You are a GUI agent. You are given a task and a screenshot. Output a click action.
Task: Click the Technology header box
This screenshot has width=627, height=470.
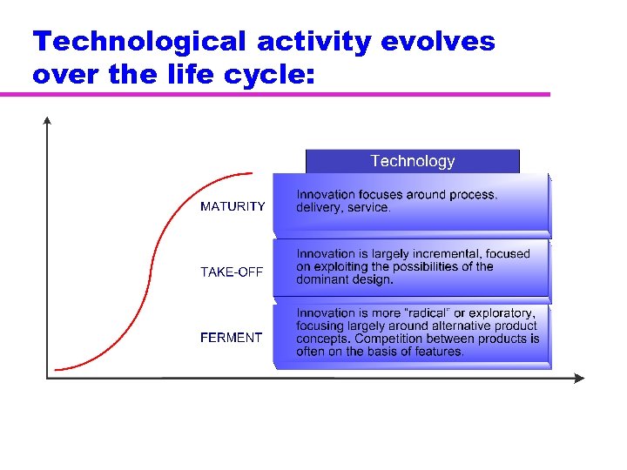[412, 161]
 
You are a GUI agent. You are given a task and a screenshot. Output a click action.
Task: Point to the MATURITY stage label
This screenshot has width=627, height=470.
[233, 206]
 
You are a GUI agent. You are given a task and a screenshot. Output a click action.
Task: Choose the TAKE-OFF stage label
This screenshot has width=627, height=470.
[232, 272]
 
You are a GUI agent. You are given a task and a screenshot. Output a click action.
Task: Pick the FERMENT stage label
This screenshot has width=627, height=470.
[231, 337]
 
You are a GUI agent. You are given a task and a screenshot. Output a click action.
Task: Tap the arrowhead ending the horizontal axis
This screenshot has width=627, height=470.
[581, 378]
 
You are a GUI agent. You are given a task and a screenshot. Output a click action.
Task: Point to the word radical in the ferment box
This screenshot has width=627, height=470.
[426, 312]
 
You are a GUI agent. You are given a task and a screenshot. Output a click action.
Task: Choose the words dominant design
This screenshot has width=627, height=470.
[345, 279]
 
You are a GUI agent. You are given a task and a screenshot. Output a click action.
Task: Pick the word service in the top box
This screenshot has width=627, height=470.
[368, 208]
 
